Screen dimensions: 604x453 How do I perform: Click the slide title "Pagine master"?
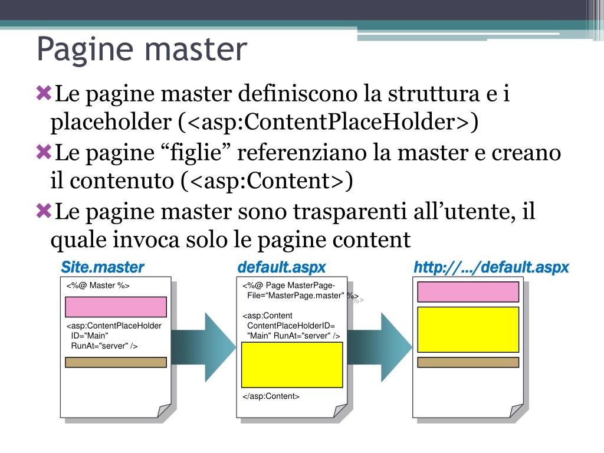click(x=141, y=50)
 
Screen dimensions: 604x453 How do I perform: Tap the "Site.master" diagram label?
click(x=103, y=268)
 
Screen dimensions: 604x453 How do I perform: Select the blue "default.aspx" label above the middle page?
click(x=281, y=268)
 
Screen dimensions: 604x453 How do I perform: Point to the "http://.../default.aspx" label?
click(x=491, y=268)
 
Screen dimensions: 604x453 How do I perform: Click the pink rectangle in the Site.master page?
click(x=116, y=307)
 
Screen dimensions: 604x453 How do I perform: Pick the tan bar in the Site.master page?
click(x=116, y=362)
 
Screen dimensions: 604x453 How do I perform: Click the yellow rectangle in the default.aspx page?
click(x=292, y=365)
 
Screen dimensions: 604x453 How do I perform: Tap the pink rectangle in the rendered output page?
click(x=468, y=291)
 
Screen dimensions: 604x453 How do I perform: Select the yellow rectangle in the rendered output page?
click(x=468, y=329)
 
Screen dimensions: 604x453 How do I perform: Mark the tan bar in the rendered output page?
click(x=468, y=362)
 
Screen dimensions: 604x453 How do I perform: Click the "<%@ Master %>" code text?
click(x=98, y=286)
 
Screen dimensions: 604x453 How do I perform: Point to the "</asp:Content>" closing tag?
click(x=271, y=396)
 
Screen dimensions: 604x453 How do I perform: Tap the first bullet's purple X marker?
click(x=44, y=93)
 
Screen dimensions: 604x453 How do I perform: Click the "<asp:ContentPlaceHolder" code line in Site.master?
click(x=114, y=326)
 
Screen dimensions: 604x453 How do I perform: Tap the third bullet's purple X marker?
click(x=44, y=211)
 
